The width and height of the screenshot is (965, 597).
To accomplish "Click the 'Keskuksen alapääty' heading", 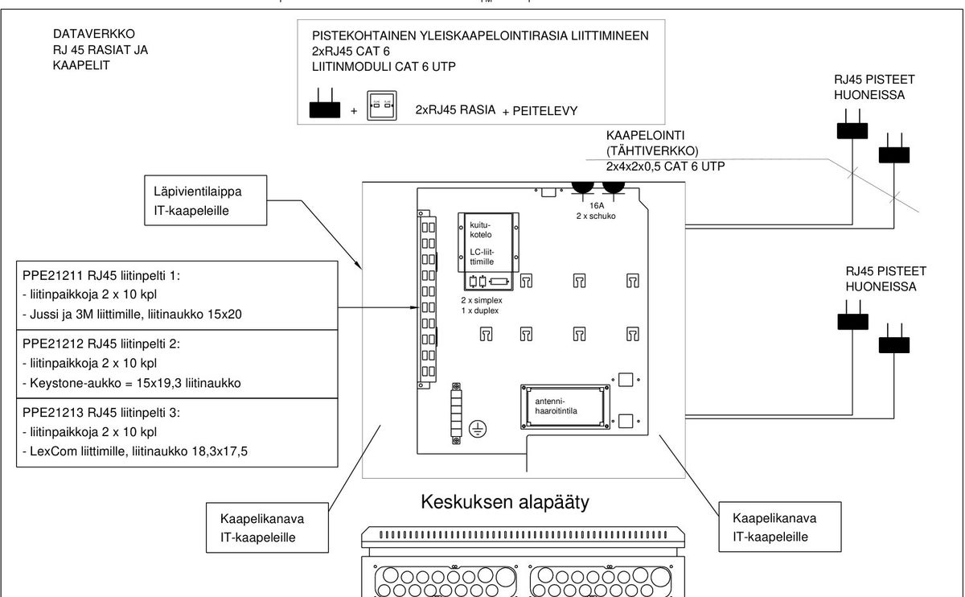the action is (x=505, y=503).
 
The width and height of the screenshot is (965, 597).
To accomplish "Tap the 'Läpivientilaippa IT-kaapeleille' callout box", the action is (x=206, y=200).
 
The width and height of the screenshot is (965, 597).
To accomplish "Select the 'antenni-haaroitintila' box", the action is (x=565, y=406).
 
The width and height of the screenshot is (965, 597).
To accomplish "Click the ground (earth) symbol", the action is (x=478, y=429).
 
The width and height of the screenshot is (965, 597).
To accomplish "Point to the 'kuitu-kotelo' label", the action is (x=480, y=230).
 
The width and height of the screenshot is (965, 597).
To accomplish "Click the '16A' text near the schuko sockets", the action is (x=597, y=206).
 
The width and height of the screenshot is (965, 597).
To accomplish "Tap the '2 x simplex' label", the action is (x=482, y=300).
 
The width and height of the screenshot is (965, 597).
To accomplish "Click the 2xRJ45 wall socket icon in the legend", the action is (x=382, y=105).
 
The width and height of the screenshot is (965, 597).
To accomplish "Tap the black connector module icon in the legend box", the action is (x=325, y=104).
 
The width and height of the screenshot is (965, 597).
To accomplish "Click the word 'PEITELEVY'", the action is (x=545, y=111).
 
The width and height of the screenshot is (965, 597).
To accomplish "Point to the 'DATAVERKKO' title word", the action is (x=94, y=34).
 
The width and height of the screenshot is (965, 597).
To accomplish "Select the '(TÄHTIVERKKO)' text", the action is (x=652, y=151).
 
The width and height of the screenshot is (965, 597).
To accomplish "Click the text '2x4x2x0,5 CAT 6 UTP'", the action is (x=665, y=167).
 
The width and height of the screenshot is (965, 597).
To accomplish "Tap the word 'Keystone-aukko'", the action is (x=76, y=383).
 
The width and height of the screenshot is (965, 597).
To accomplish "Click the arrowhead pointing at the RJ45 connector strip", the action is (x=414, y=307).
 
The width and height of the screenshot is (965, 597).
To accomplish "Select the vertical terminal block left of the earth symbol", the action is (x=456, y=414).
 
